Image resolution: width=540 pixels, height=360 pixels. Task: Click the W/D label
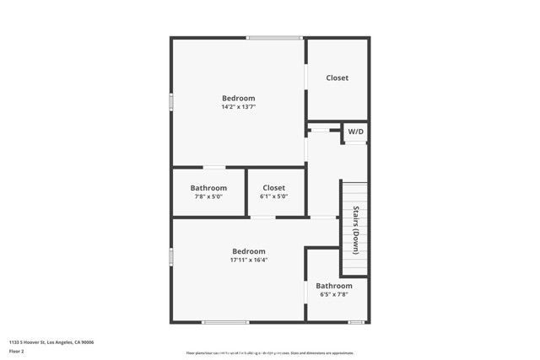click(x=355, y=132)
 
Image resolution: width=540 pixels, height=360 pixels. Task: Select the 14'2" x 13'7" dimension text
click(x=238, y=108)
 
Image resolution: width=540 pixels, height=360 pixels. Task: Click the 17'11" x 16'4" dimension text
click(x=249, y=261)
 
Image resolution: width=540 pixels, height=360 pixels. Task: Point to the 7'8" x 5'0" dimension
click(x=208, y=196)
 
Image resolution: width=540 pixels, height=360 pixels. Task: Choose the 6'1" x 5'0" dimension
click(x=273, y=196)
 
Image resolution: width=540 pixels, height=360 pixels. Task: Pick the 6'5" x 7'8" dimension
click(x=334, y=294)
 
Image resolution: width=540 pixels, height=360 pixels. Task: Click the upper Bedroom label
click(x=238, y=98)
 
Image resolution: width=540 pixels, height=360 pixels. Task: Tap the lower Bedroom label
click(x=249, y=251)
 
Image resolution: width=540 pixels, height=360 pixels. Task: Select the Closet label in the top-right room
click(x=337, y=78)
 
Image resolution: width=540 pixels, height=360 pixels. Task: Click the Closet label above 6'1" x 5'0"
click(x=273, y=187)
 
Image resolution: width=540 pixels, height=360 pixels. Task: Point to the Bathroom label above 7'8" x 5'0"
click(x=208, y=187)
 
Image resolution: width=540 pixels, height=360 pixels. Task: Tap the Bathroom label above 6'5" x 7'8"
click(x=334, y=286)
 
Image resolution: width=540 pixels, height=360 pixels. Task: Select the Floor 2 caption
click(x=16, y=351)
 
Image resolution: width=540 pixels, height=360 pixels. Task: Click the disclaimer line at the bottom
click(x=270, y=353)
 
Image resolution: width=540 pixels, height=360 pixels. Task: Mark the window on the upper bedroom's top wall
click(x=275, y=37)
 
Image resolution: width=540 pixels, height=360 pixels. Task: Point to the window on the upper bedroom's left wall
click(x=171, y=101)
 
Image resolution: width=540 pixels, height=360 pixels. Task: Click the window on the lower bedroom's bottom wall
click(x=225, y=321)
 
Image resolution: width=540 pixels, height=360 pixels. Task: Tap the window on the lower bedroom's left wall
click(x=171, y=255)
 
